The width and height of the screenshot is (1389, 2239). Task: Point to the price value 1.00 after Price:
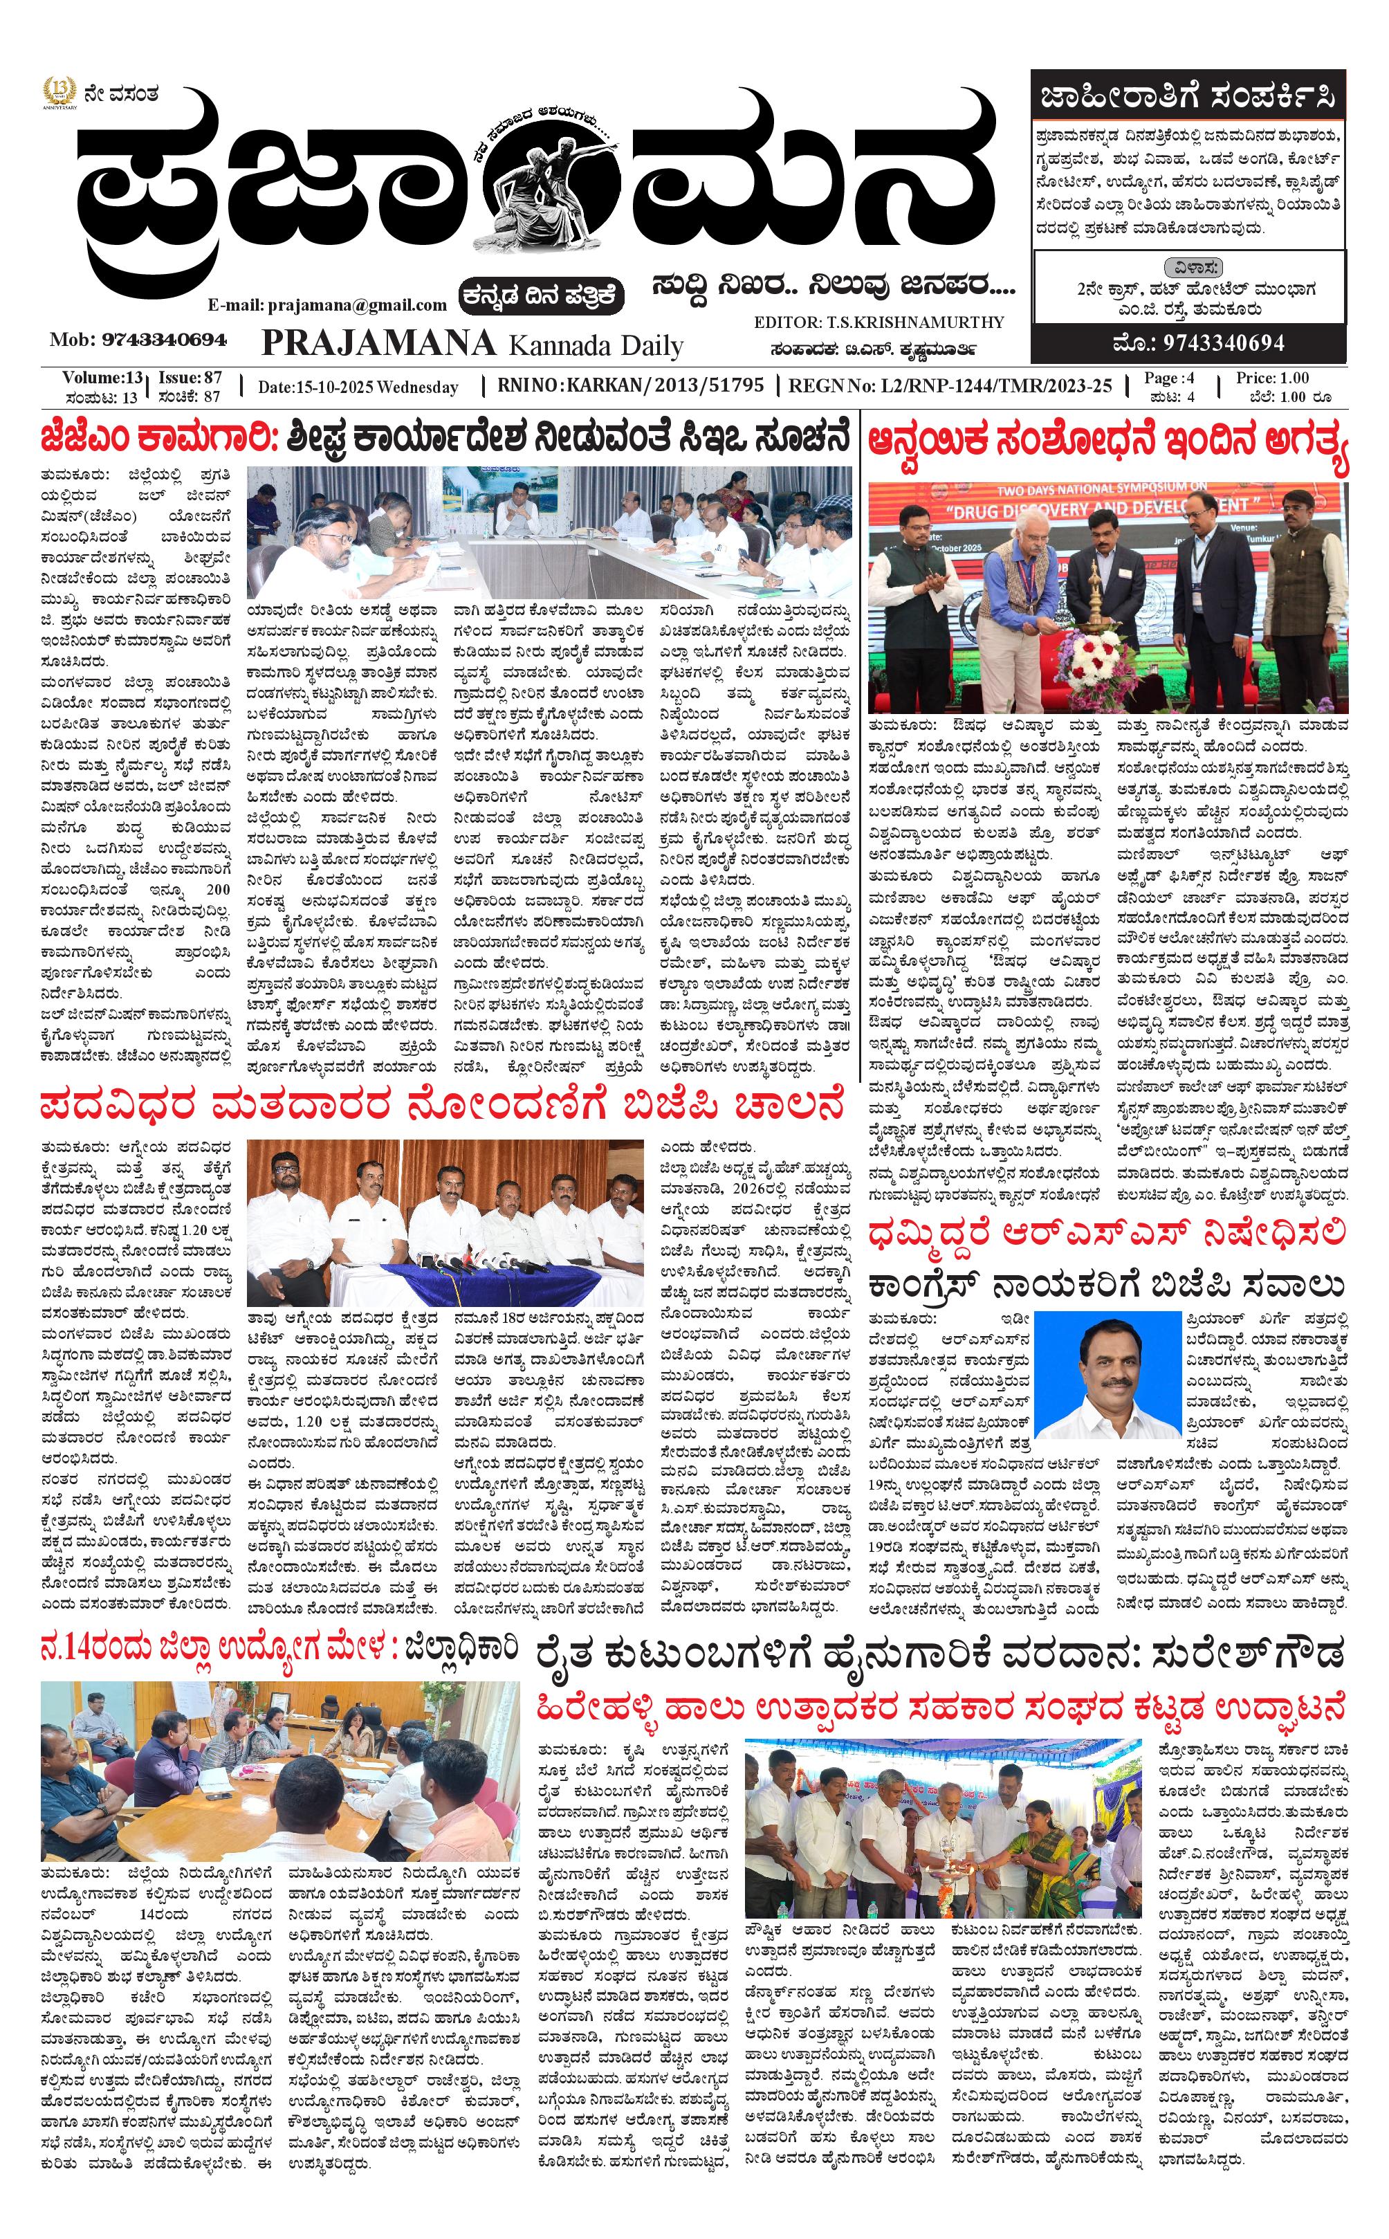(x=1294, y=378)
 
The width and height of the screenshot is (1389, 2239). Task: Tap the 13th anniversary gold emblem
(x=59, y=93)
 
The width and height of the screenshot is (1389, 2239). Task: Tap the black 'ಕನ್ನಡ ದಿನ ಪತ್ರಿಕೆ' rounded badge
(x=543, y=296)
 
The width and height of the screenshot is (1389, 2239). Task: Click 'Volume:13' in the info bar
(x=102, y=378)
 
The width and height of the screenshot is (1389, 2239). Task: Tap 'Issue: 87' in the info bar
(x=190, y=378)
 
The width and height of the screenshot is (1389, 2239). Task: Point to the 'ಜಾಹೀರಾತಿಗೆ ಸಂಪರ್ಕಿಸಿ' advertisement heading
(x=1187, y=96)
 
